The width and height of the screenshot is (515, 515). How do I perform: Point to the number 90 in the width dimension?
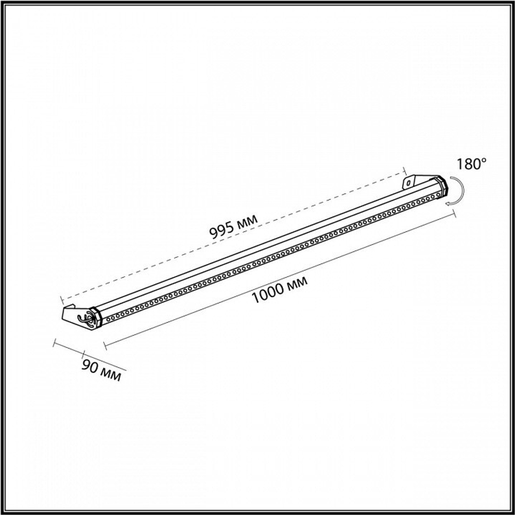tap(89, 366)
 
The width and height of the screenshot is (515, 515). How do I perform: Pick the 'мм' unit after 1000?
tap(297, 282)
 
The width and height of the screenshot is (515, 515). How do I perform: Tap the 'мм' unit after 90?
tap(110, 374)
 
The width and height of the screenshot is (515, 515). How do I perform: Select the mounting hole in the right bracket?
tap(408, 182)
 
